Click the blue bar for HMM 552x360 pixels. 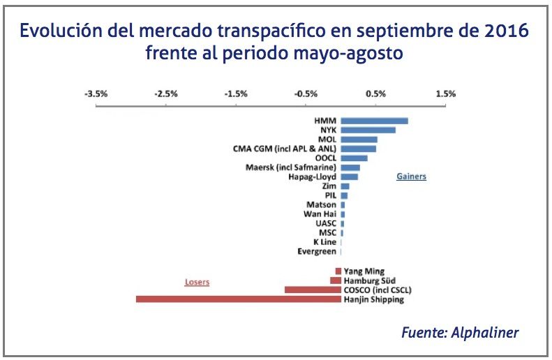pyautogui.click(x=374, y=121)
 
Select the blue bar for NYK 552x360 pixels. pyautogui.click(x=368, y=130)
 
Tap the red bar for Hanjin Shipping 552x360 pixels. pyautogui.click(x=238, y=299)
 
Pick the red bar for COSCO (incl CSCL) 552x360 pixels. pyautogui.click(x=313, y=290)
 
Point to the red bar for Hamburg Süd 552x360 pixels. pyautogui.click(x=336, y=280)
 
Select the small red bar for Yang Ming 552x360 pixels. pyautogui.click(x=338, y=271)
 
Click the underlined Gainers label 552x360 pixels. pyautogui.click(x=411, y=177)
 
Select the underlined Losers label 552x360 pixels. pyautogui.click(x=197, y=282)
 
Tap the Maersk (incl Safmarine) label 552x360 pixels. pyautogui.click(x=291, y=167)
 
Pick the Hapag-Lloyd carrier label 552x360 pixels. pyautogui.click(x=312, y=177)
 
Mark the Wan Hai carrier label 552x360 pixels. pyautogui.click(x=320, y=214)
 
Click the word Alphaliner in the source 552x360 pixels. pyautogui.click(x=486, y=333)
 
